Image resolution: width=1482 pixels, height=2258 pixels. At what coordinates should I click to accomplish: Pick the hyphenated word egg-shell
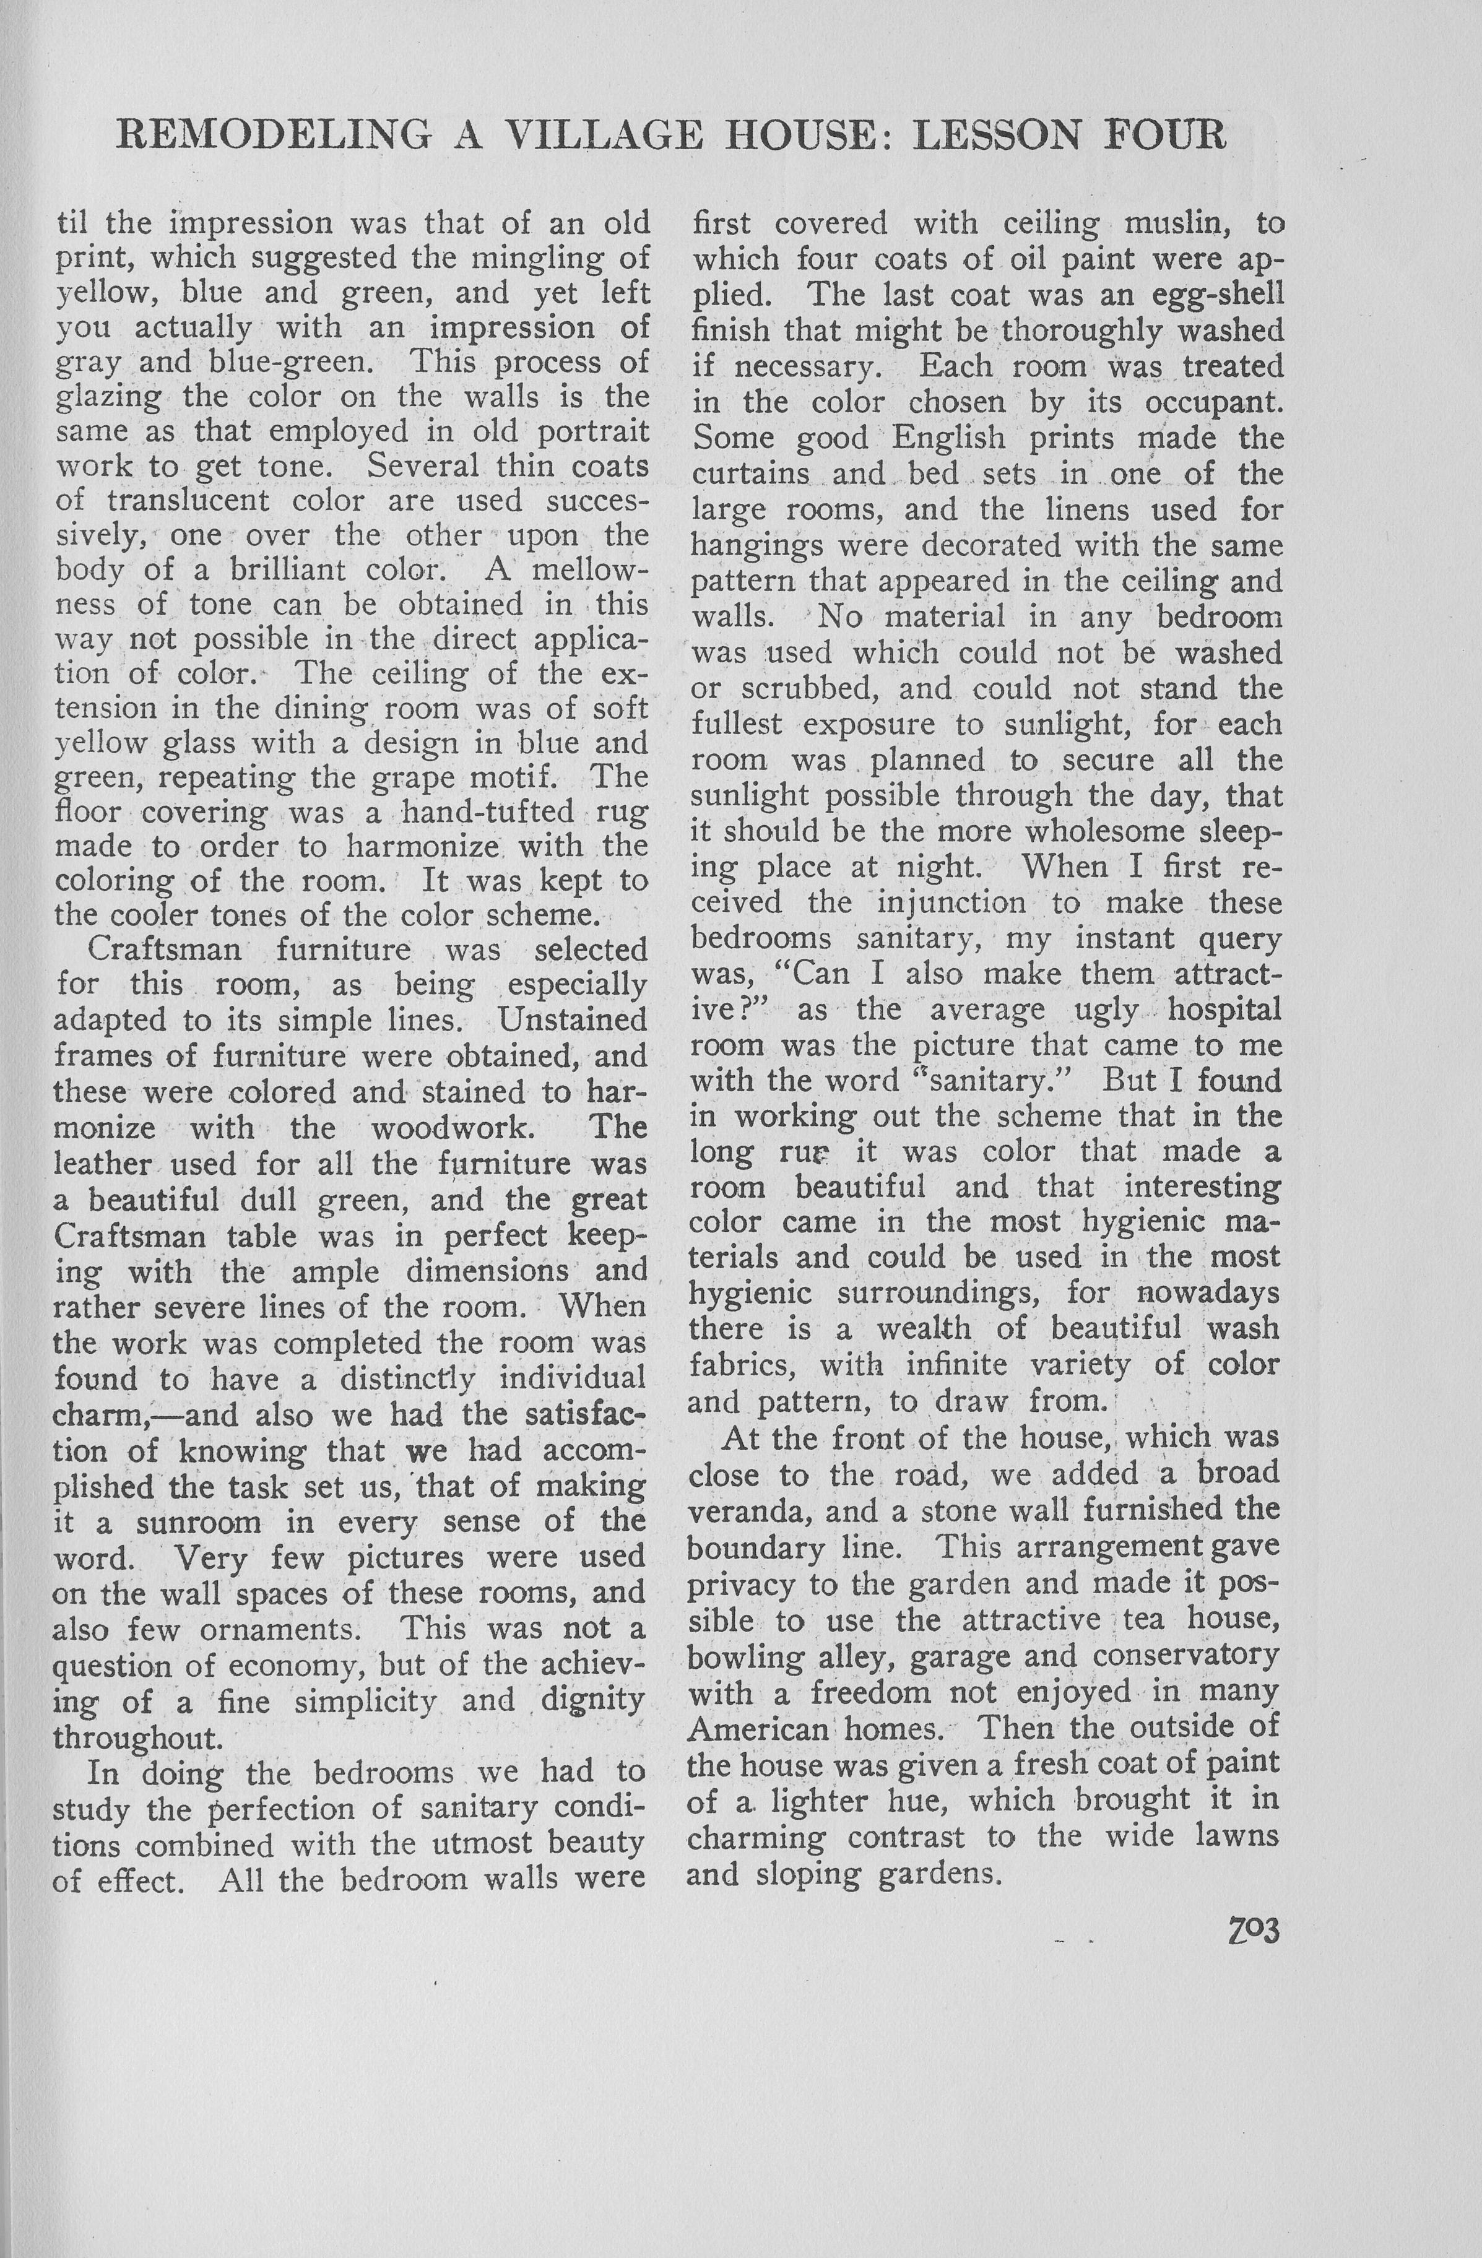tap(1217, 294)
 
